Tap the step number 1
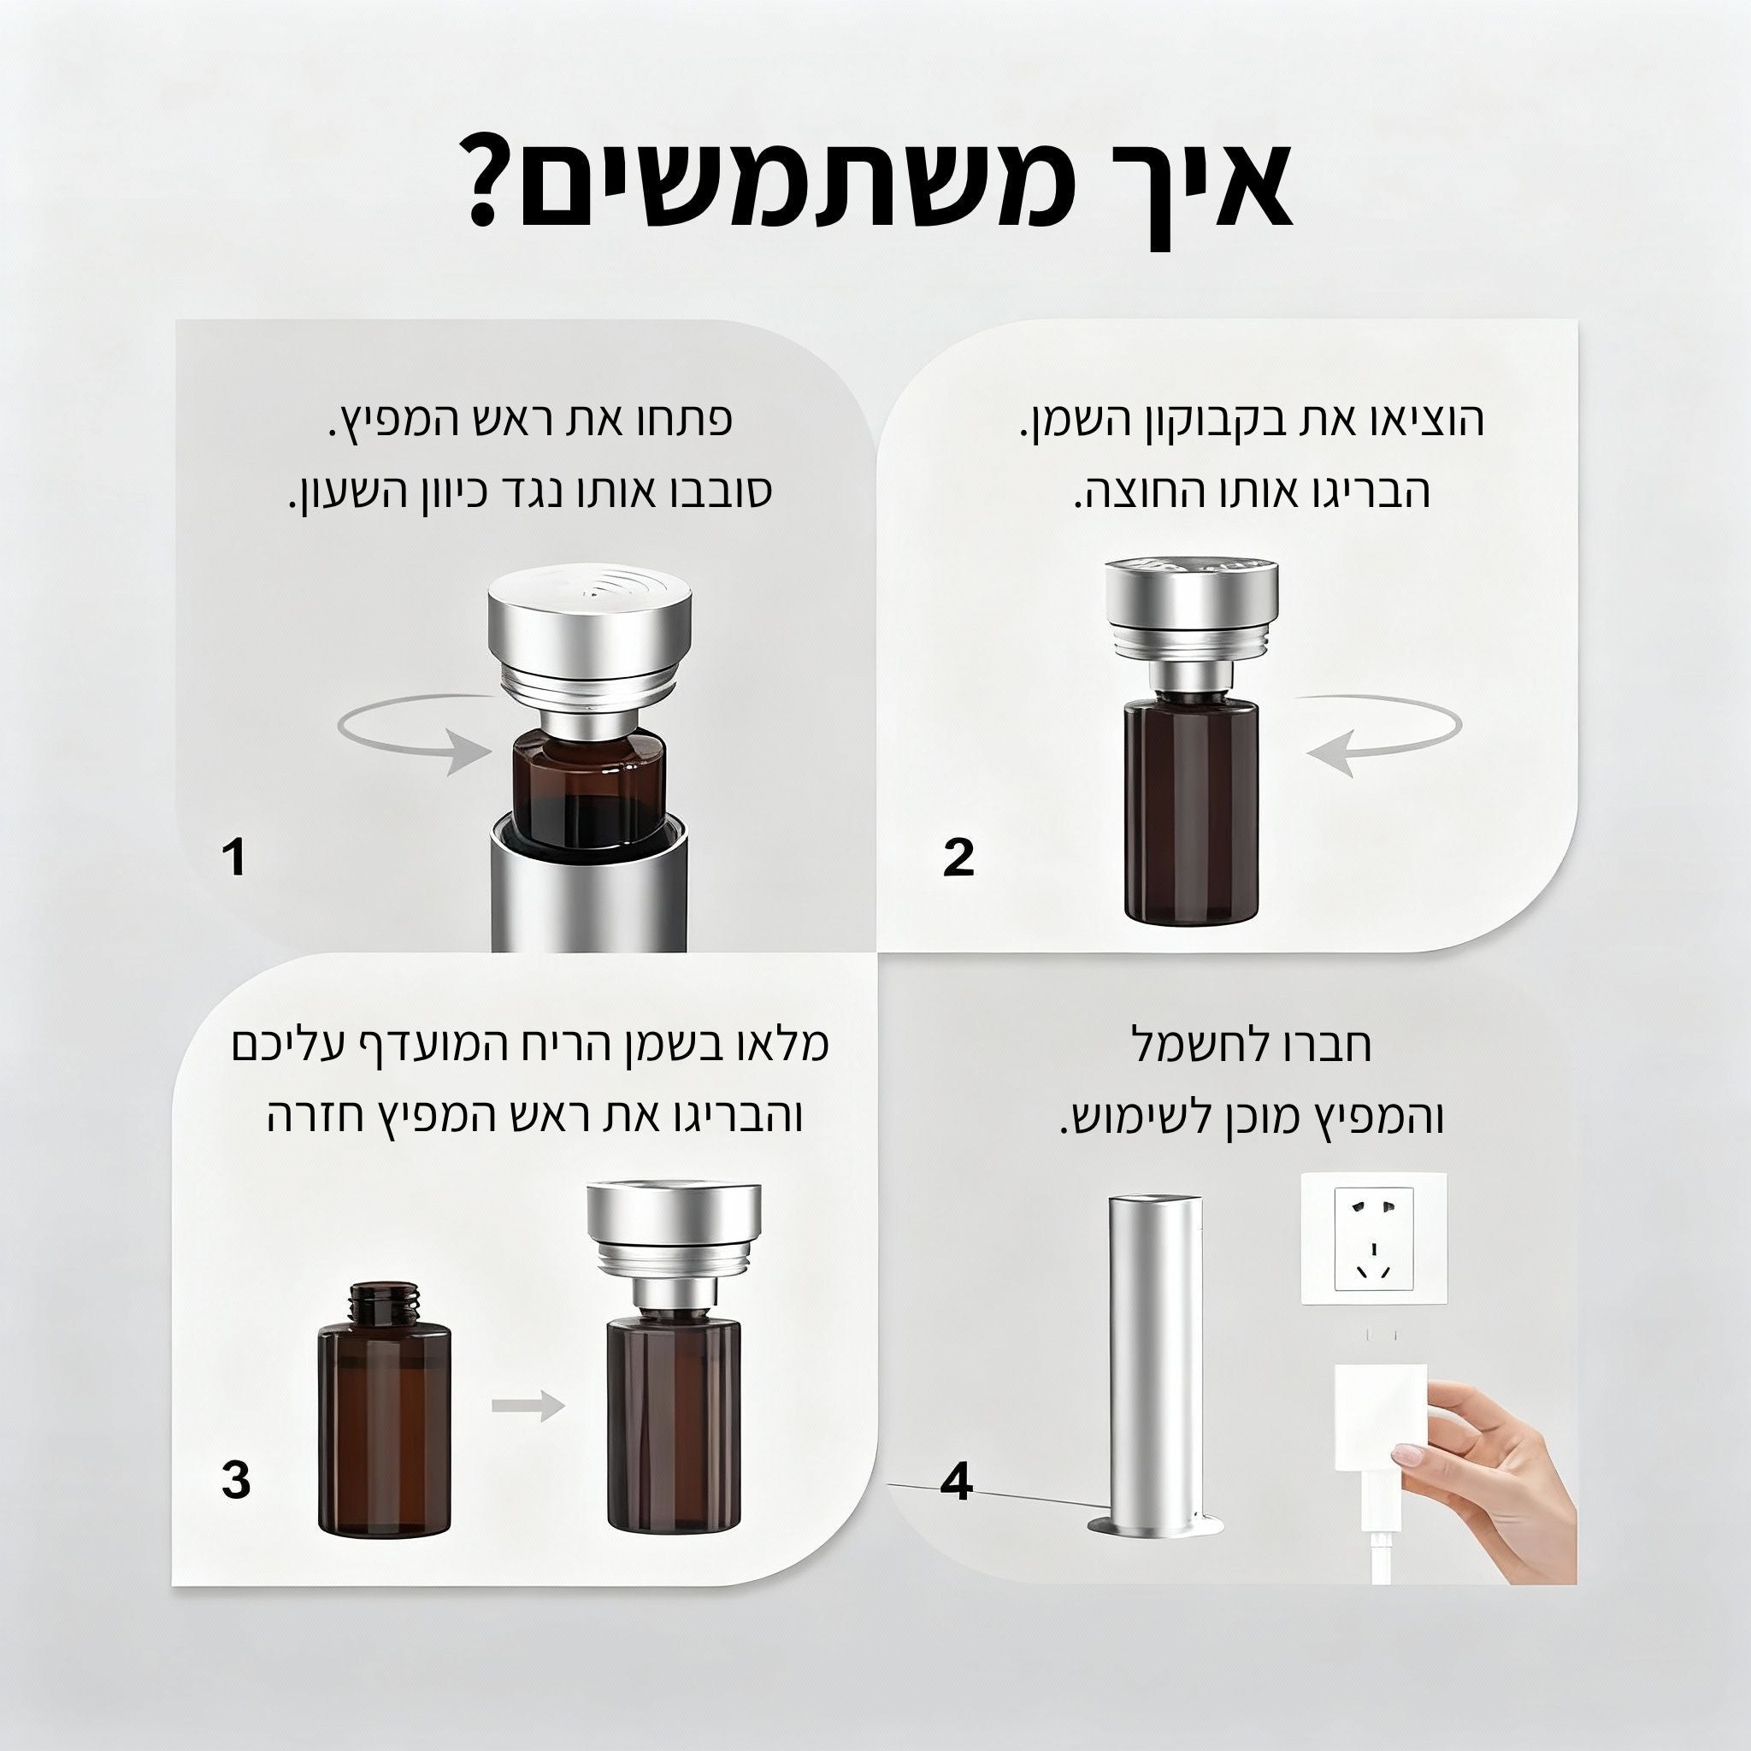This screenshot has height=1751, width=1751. click(x=236, y=857)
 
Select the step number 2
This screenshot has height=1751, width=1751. click(x=958, y=857)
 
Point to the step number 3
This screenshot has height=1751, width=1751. click(x=236, y=1481)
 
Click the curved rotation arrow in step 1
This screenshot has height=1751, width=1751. click(x=412, y=737)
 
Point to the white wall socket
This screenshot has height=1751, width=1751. click(x=1374, y=1240)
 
